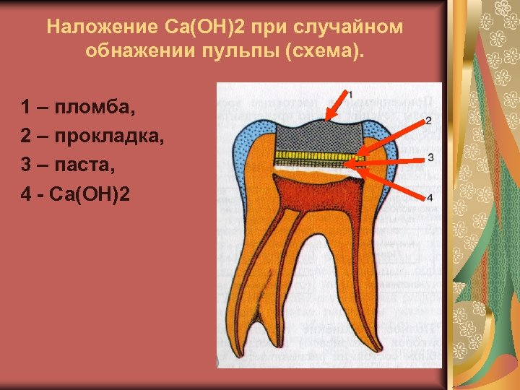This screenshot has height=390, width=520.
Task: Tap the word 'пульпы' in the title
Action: click(266, 52)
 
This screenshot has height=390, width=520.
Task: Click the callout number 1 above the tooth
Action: click(350, 94)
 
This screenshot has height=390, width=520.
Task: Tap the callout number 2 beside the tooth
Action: click(429, 120)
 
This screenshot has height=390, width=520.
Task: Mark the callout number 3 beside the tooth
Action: click(430, 157)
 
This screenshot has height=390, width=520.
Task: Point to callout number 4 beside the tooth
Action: click(429, 197)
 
